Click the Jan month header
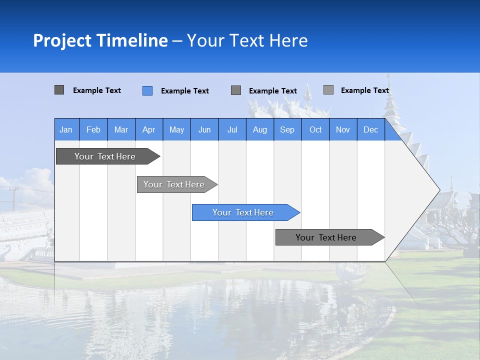click(x=66, y=129)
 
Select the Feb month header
click(x=93, y=129)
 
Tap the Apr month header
click(x=149, y=129)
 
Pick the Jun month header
click(x=204, y=129)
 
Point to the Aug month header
click(x=260, y=129)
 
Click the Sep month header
click(x=287, y=129)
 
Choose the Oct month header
click(x=315, y=129)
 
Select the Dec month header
click(x=371, y=129)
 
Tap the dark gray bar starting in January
click(x=105, y=156)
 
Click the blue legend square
click(x=147, y=90)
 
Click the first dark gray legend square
click(x=59, y=90)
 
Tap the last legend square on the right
click(x=328, y=90)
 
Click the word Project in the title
click(x=62, y=40)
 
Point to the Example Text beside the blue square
click(x=185, y=91)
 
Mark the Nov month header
click(x=343, y=129)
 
